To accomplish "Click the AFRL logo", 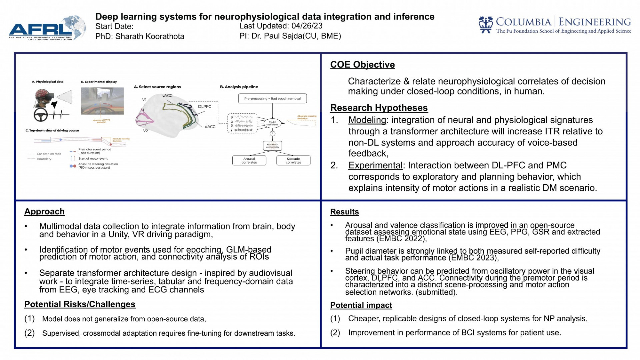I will click(47, 29).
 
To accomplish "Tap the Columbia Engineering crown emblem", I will click(485, 25).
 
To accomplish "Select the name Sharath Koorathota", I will click(150, 36).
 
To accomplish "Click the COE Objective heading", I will click(362, 65).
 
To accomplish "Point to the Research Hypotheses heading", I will click(379, 108).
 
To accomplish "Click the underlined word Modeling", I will click(367, 120).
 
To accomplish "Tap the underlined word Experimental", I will click(375, 165).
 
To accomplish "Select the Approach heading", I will click(44, 212).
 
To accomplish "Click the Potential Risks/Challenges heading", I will click(80, 304).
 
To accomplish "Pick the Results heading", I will click(344, 212).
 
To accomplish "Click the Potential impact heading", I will click(361, 305).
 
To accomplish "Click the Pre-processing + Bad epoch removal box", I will click(272, 99).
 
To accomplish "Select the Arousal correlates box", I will click(249, 160).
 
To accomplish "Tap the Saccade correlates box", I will click(293, 160).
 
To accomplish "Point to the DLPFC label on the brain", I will click(204, 107).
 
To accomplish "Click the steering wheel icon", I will click(41, 115).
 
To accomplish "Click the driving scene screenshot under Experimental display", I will click(102, 101).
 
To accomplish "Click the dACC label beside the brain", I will click(210, 127).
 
